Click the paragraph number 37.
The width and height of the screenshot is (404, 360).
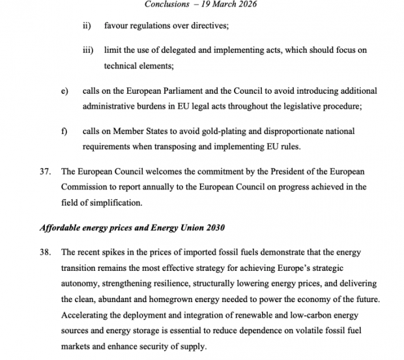coord(44,171)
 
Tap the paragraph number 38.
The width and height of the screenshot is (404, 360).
coord(44,252)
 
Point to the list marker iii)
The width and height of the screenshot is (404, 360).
coord(87,51)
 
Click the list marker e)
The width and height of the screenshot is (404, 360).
coord(64,90)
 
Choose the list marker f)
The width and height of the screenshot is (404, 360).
coord(64,131)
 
